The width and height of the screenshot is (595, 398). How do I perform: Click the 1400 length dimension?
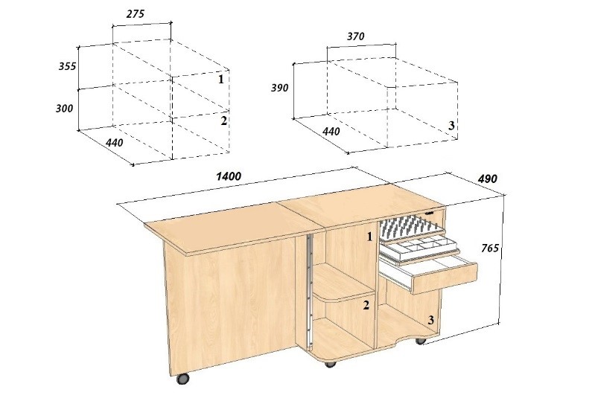tap(229, 176)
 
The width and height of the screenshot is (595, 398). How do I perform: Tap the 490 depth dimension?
tap(487, 179)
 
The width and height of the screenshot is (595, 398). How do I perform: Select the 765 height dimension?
tap(490, 248)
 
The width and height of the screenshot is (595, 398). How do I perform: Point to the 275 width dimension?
tap(136, 14)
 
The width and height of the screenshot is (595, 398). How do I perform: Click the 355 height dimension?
tap(67, 66)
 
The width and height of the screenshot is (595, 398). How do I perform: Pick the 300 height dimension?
tap(64, 109)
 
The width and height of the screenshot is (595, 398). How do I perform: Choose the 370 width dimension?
tap(355, 36)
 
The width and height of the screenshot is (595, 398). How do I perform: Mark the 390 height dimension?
tap(279, 88)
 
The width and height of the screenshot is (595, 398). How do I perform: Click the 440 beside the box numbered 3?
tap(331, 132)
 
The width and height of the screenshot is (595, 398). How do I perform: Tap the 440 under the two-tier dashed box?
tap(114, 143)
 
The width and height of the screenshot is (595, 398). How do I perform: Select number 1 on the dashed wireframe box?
tap(221, 79)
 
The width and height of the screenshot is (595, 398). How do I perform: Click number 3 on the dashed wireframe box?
tap(451, 126)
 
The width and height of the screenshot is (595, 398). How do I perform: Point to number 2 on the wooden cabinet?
tap(366, 305)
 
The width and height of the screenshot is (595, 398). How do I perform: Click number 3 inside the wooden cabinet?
tap(430, 321)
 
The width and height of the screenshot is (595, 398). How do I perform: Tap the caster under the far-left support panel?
tap(182, 379)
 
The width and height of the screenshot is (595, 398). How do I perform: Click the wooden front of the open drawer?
tap(445, 278)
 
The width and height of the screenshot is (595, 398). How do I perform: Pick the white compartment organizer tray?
tap(420, 247)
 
